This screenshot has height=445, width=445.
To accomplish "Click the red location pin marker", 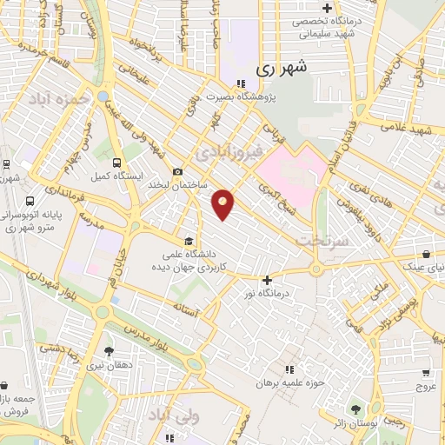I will coord(223,203).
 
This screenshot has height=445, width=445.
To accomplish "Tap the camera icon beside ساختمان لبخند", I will coord(177,171).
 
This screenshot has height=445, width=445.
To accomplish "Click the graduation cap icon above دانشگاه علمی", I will coord(188,241).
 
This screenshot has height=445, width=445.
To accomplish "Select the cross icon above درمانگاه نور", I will coord(267,280).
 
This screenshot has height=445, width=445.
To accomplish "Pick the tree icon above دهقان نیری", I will coord(109,352).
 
